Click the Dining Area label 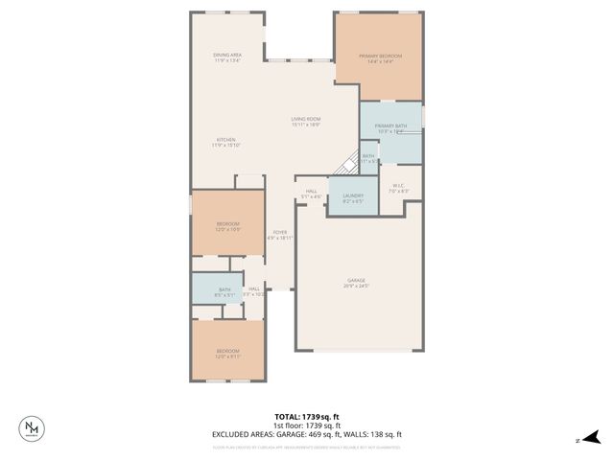tap(227, 55)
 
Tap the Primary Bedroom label tap(380, 57)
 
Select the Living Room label tap(306, 119)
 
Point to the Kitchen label tap(224, 140)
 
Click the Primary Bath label tap(390, 126)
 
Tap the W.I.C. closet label tap(399, 186)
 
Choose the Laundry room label tap(353, 195)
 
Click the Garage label tap(356, 281)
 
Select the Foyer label tap(280, 232)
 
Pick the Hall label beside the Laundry tap(312, 191)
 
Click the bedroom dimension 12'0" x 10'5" tap(227, 229)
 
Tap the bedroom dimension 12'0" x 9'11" tap(227, 356)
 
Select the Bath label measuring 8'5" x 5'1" tap(224, 289)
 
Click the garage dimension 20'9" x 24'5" tap(356, 286)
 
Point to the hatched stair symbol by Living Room tap(351, 164)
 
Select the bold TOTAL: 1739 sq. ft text tap(307, 417)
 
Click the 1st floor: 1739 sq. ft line tap(307, 425)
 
